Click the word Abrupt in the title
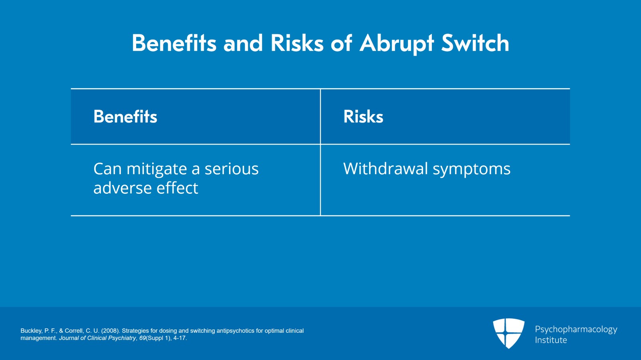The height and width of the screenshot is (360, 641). tap(397, 43)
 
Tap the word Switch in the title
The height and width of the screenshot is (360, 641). tap(475, 43)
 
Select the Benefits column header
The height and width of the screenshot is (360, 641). tap(125, 117)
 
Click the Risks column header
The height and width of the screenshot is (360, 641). tap(363, 117)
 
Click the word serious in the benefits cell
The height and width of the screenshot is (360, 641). tap(232, 169)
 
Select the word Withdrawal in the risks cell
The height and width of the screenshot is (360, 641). tap(385, 169)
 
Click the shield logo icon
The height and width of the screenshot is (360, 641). tap(508, 333)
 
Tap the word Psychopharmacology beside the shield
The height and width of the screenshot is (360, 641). tap(576, 330)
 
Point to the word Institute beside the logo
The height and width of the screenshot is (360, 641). tap(551, 340)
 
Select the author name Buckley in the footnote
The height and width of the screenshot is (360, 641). tap(31, 331)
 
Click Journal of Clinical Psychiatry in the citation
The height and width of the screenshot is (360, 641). tap(97, 338)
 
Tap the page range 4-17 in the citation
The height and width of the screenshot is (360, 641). tap(179, 338)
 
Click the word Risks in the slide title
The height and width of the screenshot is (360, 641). tap(297, 43)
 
